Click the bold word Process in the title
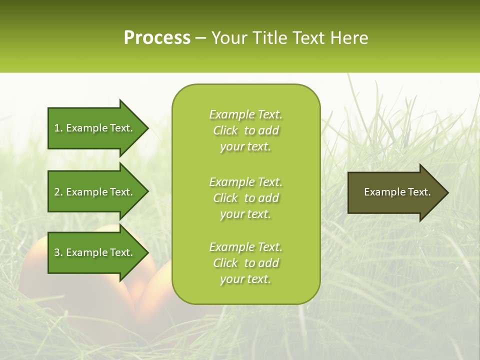pyautogui.click(x=157, y=38)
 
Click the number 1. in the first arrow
pyautogui.click(x=58, y=128)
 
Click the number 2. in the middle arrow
pyautogui.click(x=58, y=192)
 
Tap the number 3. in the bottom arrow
pyautogui.click(x=58, y=252)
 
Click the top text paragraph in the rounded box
pyautogui.click(x=245, y=130)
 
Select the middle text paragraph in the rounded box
pyautogui.click(x=245, y=198)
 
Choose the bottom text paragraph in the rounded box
pyautogui.click(x=245, y=263)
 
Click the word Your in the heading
pyautogui.click(x=227, y=38)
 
